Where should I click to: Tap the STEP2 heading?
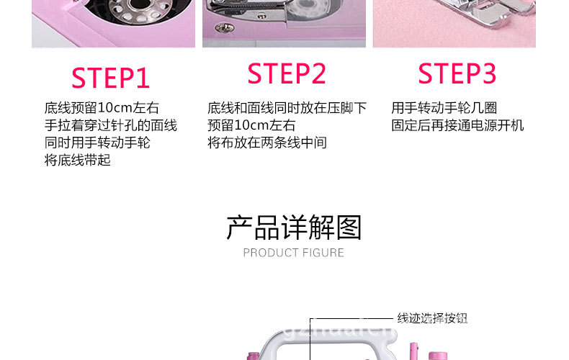pyautogui.click(x=287, y=73)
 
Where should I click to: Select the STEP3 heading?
pyautogui.click(x=457, y=73)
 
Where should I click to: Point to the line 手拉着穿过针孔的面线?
pyautogui.click(x=110, y=125)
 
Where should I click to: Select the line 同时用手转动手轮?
pyautogui.click(x=97, y=143)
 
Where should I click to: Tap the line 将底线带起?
pyautogui.click(x=77, y=160)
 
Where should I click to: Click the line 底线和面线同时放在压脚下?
pyautogui.click(x=287, y=108)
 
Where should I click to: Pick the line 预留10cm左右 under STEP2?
pyautogui.click(x=251, y=125)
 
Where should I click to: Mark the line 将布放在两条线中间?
pyautogui.click(x=266, y=143)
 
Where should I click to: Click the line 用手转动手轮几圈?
pyautogui.click(x=444, y=108)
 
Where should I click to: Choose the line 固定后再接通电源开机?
pyautogui.click(x=457, y=125)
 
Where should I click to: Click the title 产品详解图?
pyautogui.click(x=294, y=228)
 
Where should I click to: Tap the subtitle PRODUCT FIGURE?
pyautogui.click(x=294, y=253)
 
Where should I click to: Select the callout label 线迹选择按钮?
pyautogui.click(x=432, y=318)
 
